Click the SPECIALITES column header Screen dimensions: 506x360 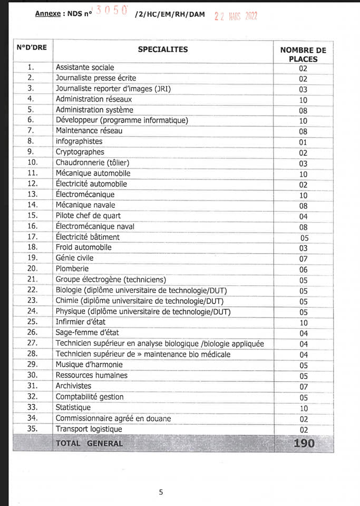point(162,50)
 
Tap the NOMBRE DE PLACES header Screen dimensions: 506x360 point(303,54)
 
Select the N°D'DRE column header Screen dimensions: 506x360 point(32,47)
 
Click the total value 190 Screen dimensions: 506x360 point(304,443)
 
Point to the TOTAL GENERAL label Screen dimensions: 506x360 point(89,443)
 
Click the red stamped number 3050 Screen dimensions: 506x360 point(111,12)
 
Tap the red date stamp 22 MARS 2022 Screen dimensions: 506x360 point(236,16)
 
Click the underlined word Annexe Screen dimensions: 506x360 point(48,14)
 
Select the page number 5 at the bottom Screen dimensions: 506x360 point(161,492)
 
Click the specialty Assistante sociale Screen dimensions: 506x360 point(85,67)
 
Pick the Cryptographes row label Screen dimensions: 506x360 point(80,152)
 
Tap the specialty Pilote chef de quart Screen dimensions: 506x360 point(88,216)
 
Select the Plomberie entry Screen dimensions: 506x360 point(73,269)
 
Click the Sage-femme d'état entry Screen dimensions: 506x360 point(87,333)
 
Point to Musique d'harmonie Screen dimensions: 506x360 point(89,365)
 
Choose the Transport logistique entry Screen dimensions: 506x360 point(89,429)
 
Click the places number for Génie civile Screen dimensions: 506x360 point(303,259)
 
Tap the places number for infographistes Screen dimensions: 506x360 point(303,142)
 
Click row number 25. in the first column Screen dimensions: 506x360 point(32,322)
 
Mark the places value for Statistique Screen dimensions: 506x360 point(303,408)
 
